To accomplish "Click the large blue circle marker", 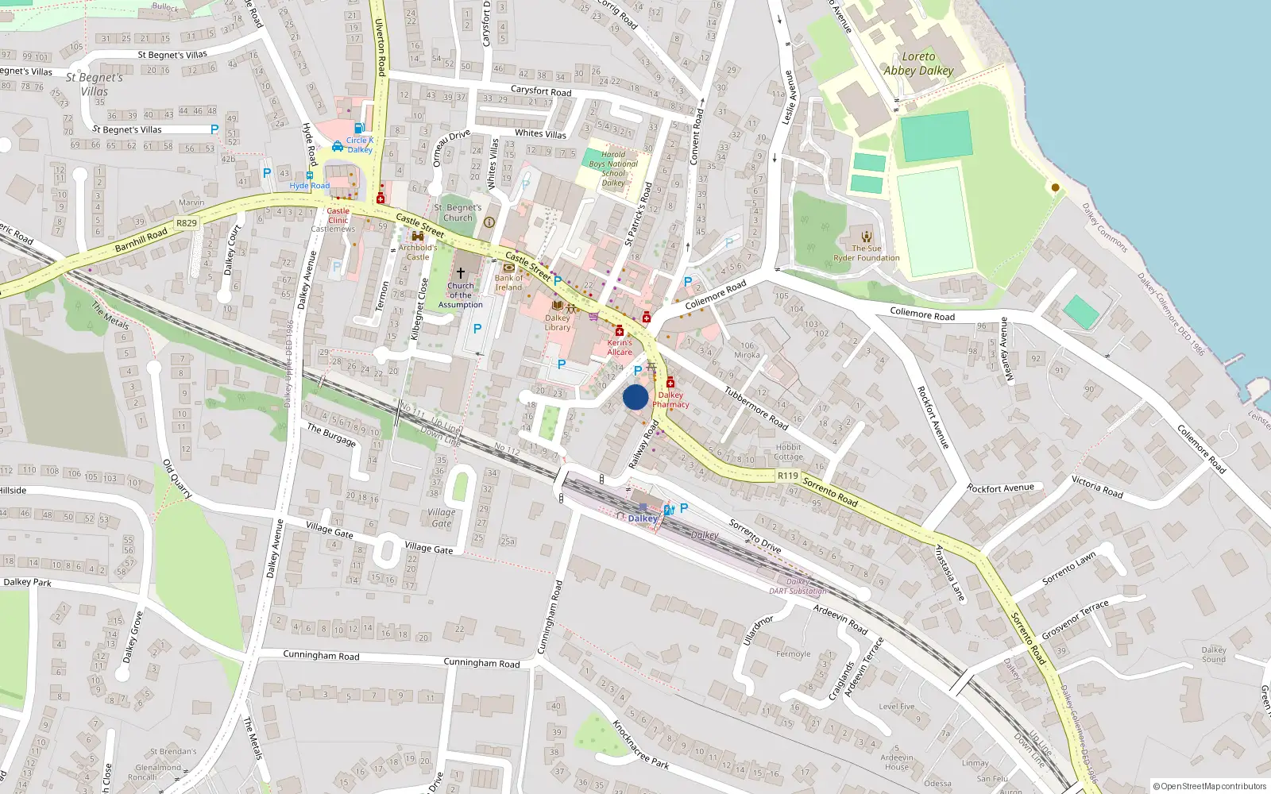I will (x=635, y=397).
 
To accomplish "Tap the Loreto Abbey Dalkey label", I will (x=918, y=64).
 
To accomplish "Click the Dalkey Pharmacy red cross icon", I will (x=670, y=383).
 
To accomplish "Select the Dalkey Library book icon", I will (x=557, y=306).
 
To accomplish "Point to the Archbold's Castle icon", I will (x=418, y=236).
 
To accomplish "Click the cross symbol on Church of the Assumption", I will (x=460, y=272).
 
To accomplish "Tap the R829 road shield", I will (x=187, y=223).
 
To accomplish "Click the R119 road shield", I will (x=787, y=476).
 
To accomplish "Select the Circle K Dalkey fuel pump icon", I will (x=359, y=128).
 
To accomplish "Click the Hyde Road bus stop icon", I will (x=309, y=175).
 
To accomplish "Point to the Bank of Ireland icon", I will (x=508, y=268).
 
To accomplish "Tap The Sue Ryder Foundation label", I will (x=866, y=252).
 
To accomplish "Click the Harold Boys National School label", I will (x=613, y=168).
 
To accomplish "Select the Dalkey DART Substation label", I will (x=798, y=586).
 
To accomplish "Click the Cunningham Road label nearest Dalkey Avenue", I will (x=321, y=655).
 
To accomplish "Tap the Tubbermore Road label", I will (x=755, y=408).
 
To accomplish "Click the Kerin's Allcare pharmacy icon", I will (x=619, y=331).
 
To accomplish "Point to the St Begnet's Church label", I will (x=458, y=212).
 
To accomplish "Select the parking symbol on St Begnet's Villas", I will (x=214, y=129).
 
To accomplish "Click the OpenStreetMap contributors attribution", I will (x=1210, y=786).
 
